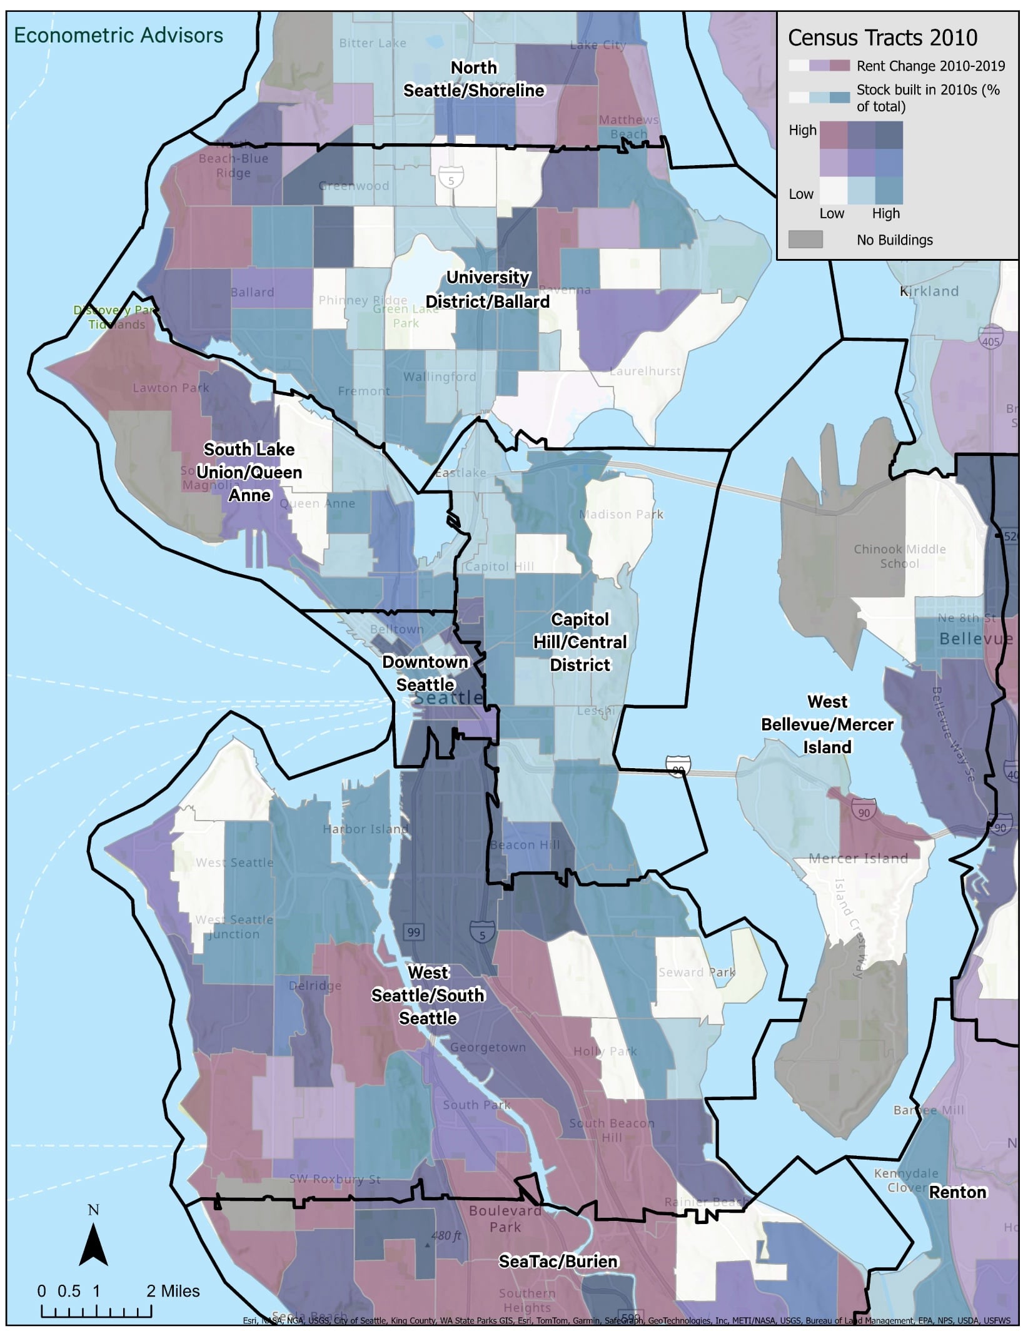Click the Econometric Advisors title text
[118, 36]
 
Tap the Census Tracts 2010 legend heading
[882, 38]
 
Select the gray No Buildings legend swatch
[805, 240]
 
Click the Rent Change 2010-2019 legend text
[930, 66]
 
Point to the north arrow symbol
[93, 1243]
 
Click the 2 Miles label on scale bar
[173, 1291]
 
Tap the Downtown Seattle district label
[425, 673]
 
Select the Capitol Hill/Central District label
[580, 642]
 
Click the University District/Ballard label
[488, 289]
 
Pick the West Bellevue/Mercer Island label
[827, 724]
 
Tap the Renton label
[957, 1192]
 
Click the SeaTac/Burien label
[558, 1262]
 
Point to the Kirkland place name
[929, 291]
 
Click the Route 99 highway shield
[413, 933]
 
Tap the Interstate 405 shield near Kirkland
[990, 341]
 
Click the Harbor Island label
[365, 829]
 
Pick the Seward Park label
[697, 972]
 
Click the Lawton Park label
[171, 388]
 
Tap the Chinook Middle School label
[899, 556]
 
